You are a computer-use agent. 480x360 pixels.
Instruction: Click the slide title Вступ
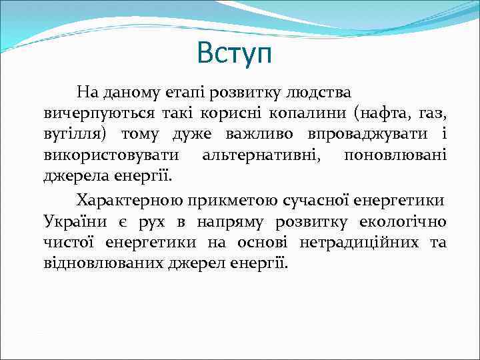[x=235, y=54]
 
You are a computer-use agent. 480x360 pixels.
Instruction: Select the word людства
[x=317, y=90]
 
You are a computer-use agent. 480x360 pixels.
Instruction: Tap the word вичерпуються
[x=90, y=112]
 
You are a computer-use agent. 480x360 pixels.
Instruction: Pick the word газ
[x=429, y=112]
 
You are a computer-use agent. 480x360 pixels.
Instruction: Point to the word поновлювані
[x=395, y=156]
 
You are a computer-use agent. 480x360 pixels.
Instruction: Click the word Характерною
[x=130, y=200]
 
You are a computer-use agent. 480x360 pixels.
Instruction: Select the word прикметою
[x=227, y=200]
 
